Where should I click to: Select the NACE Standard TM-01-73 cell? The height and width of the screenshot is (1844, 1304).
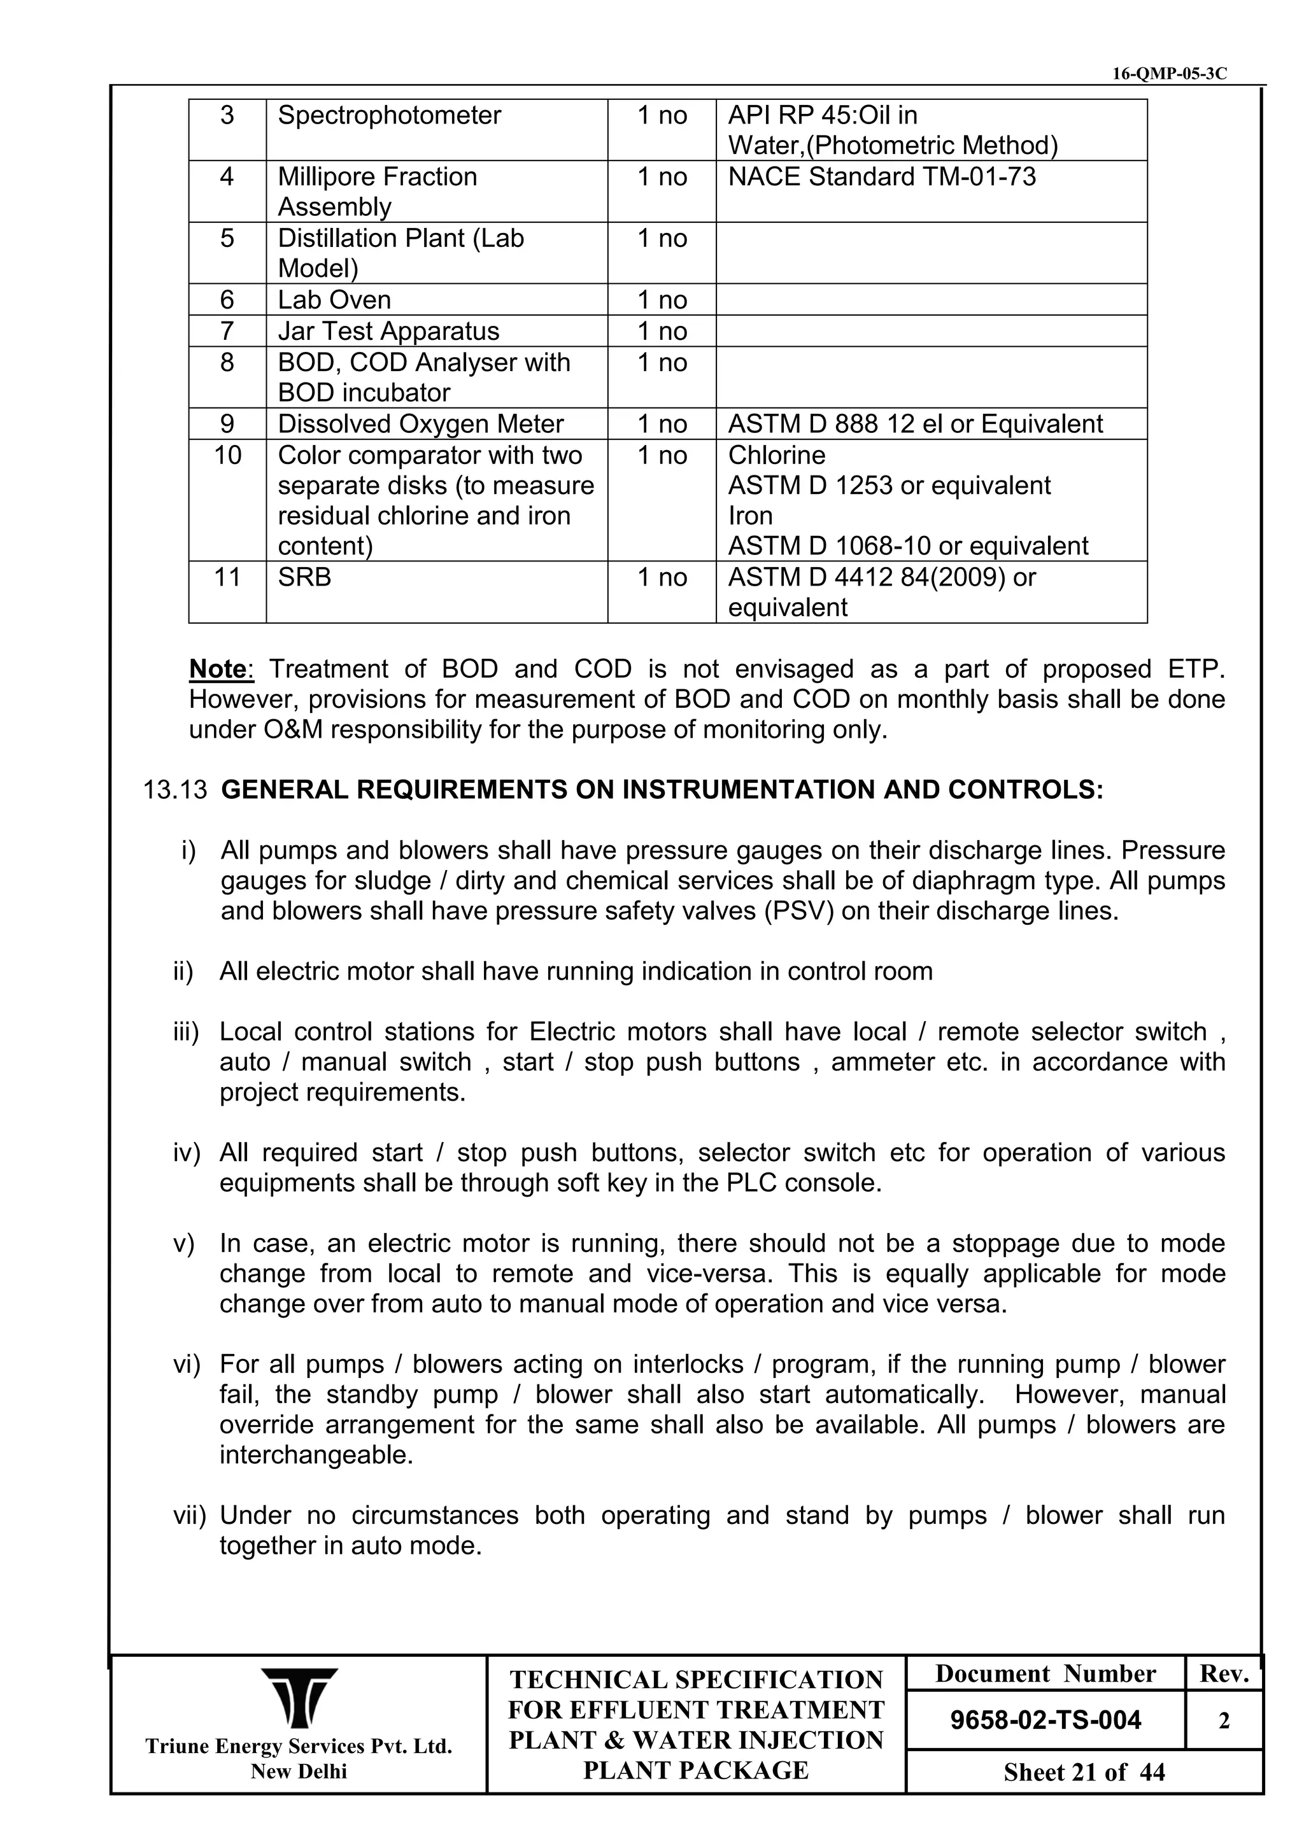(x=881, y=177)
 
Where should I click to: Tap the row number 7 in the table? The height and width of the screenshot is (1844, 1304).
(x=227, y=331)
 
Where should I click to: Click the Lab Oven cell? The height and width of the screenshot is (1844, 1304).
(x=334, y=300)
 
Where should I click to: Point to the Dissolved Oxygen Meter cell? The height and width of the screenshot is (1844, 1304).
(x=420, y=424)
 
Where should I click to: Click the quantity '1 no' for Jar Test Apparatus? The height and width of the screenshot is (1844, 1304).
(x=662, y=331)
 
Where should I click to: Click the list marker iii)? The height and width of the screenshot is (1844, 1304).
(x=185, y=1032)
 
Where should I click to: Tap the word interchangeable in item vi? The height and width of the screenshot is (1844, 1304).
(x=316, y=1455)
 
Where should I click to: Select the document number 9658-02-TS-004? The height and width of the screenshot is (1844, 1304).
(x=1045, y=1721)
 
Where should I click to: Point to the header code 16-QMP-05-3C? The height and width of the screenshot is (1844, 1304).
(x=1169, y=74)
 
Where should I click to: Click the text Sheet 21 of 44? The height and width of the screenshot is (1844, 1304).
(x=1084, y=1773)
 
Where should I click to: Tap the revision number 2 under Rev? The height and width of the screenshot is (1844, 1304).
(x=1224, y=1721)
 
